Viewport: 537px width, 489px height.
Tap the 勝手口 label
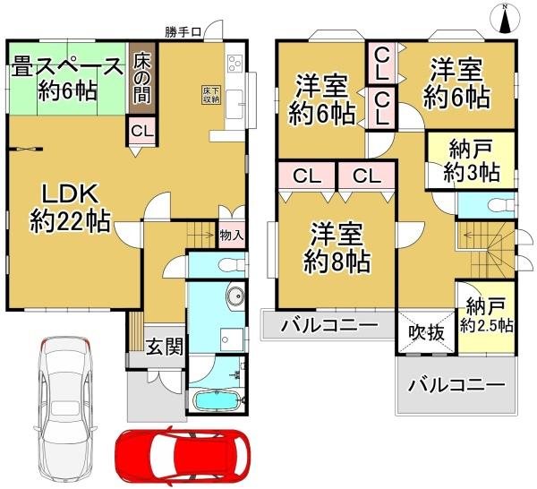[183, 32]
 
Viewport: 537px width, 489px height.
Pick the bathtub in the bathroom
[216, 400]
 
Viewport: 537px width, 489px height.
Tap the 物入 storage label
[231, 236]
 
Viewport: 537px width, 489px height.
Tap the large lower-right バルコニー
[456, 386]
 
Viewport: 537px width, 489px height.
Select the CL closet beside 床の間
[141, 132]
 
